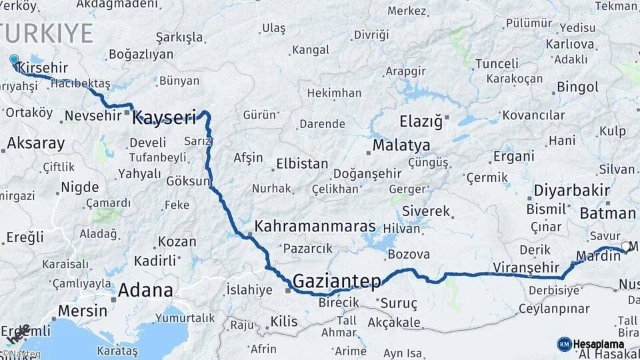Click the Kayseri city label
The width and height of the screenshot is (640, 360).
click(x=164, y=119)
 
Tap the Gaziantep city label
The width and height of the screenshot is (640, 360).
click(x=337, y=281)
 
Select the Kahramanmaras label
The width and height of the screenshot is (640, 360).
click(x=315, y=226)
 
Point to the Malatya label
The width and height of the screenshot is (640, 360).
click(x=401, y=145)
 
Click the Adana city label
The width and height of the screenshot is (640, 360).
click(x=145, y=291)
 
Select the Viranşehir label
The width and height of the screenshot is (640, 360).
click(x=523, y=267)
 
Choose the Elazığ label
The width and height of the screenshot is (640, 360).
click(x=421, y=122)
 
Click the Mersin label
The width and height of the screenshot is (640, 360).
click(x=83, y=311)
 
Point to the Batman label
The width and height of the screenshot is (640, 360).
click(x=607, y=213)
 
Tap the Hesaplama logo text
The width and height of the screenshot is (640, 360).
click(x=599, y=345)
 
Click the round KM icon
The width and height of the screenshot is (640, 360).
click(x=565, y=345)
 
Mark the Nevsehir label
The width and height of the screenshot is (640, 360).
click(x=93, y=116)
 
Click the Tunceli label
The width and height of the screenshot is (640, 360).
click(x=496, y=63)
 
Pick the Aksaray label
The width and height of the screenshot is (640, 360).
click(x=36, y=143)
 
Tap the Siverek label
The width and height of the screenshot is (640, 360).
click(x=431, y=211)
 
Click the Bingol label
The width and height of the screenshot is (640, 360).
click(x=577, y=87)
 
